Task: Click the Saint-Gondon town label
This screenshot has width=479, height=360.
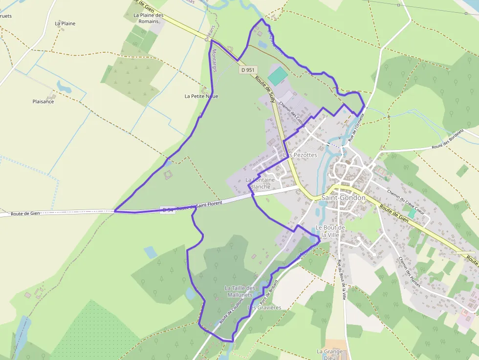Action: [x=343, y=198]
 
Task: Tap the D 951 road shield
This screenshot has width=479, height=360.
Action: [x=248, y=70]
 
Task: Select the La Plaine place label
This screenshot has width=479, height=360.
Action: [x=65, y=23]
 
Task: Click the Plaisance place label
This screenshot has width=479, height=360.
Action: [x=43, y=102]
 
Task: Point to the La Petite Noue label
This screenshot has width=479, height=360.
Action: [x=201, y=96]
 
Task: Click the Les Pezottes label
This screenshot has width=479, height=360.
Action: [x=301, y=155]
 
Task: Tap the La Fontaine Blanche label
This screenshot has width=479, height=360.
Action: [x=261, y=183]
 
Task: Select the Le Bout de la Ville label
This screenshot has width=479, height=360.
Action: [x=331, y=231]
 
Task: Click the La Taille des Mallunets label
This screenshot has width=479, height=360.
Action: [x=239, y=292]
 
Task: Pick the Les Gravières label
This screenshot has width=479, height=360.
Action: [x=264, y=307]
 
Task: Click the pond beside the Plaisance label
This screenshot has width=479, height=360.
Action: [x=64, y=86]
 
